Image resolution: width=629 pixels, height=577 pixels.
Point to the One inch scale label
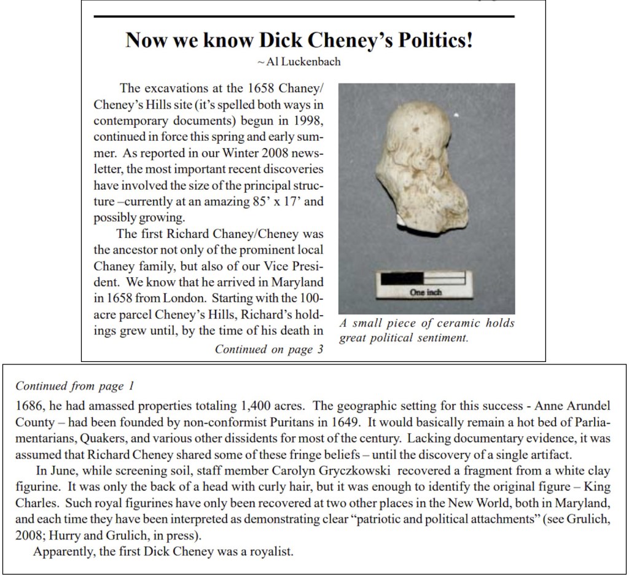426,292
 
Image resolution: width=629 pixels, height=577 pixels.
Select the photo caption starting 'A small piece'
426,330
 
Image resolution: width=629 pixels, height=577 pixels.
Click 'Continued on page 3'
268,350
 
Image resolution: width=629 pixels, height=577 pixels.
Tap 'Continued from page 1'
74,386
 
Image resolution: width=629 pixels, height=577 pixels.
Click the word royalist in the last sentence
273,551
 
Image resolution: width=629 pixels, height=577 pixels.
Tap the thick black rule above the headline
304,16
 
